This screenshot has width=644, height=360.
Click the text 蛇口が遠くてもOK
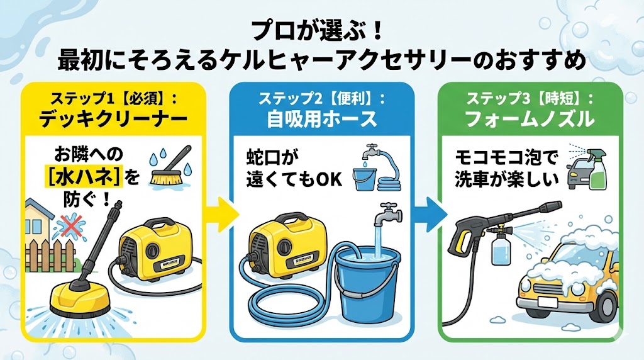click(294, 169)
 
